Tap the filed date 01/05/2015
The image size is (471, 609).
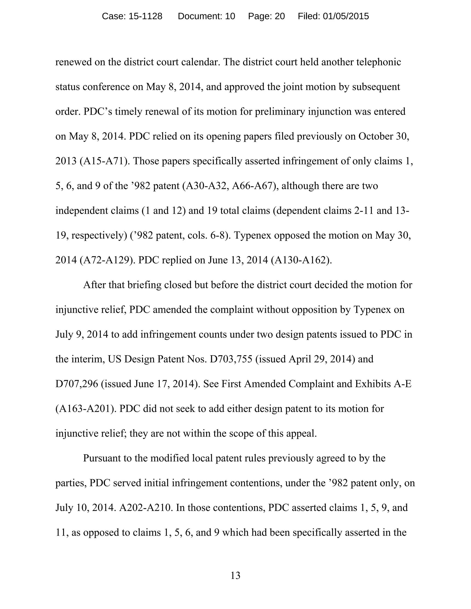point(346,17)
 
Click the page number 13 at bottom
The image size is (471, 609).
point(235,575)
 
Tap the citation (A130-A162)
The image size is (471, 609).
point(301,260)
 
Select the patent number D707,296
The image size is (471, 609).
point(77,384)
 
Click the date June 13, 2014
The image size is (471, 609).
point(238,260)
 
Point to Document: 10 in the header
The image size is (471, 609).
point(206,17)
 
